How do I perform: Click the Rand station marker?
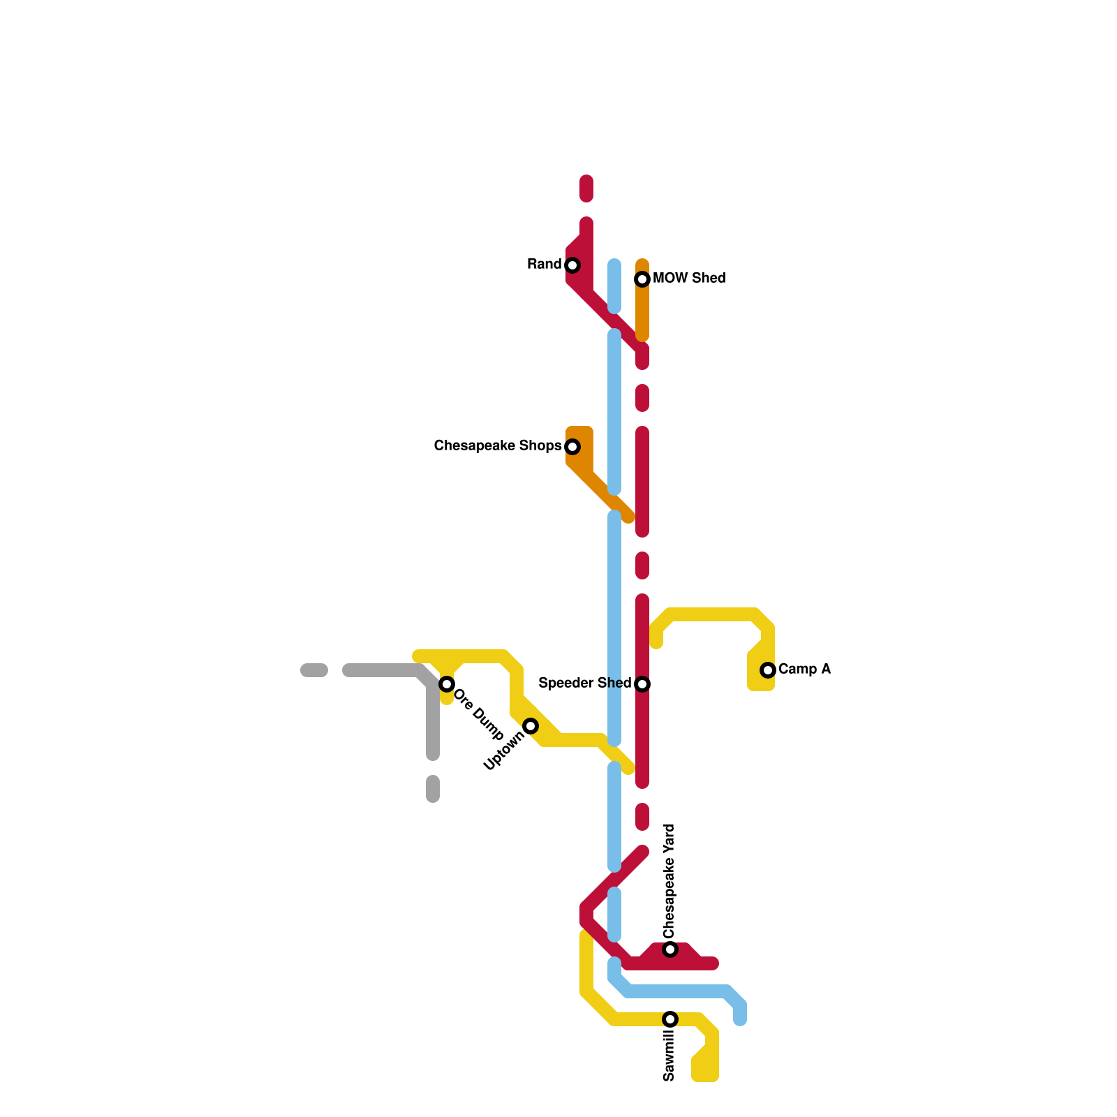pyautogui.click(x=572, y=265)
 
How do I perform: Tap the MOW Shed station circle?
pyautogui.click(x=642, y=279)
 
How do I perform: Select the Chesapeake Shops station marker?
pyautogui.click(x=572, y=447)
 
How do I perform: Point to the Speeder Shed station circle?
pyautogui.click(x=642, y=684)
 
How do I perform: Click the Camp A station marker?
pyautogui.click(x=768, y=670)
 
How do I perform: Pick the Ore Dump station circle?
pyautogui.click(x=447, y=684)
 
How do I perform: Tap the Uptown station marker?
pyautogui.click(x=531, y=726)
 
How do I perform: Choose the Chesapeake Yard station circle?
pyautogui.click(x=670, y=949)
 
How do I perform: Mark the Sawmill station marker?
pyautogui.click(x=670, y=1019)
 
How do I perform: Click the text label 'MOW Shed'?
pyautogui.click(x=689, y=279)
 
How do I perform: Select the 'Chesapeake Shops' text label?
pyautogui.click(x=498, y=446)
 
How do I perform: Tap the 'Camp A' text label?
pyautogui.click(x=804, y=670)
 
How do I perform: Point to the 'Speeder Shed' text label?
pyautogui.click(x=585, y=683)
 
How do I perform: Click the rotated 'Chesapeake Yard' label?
pyautogui.click(x=670, y=882)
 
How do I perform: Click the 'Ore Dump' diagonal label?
pyautogui.click(x=478, y=715)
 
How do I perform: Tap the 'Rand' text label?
pyautogui.click(x=545, y=265)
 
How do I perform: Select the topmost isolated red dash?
pyautogui.click(x=586, y=188)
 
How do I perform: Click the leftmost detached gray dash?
pyautogui.click(x=314, y=670)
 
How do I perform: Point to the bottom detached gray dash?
pyautogui.click(x=433, y=789)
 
